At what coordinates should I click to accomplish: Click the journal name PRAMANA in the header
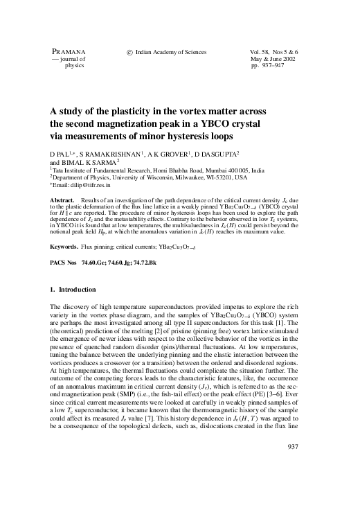[66, 53]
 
